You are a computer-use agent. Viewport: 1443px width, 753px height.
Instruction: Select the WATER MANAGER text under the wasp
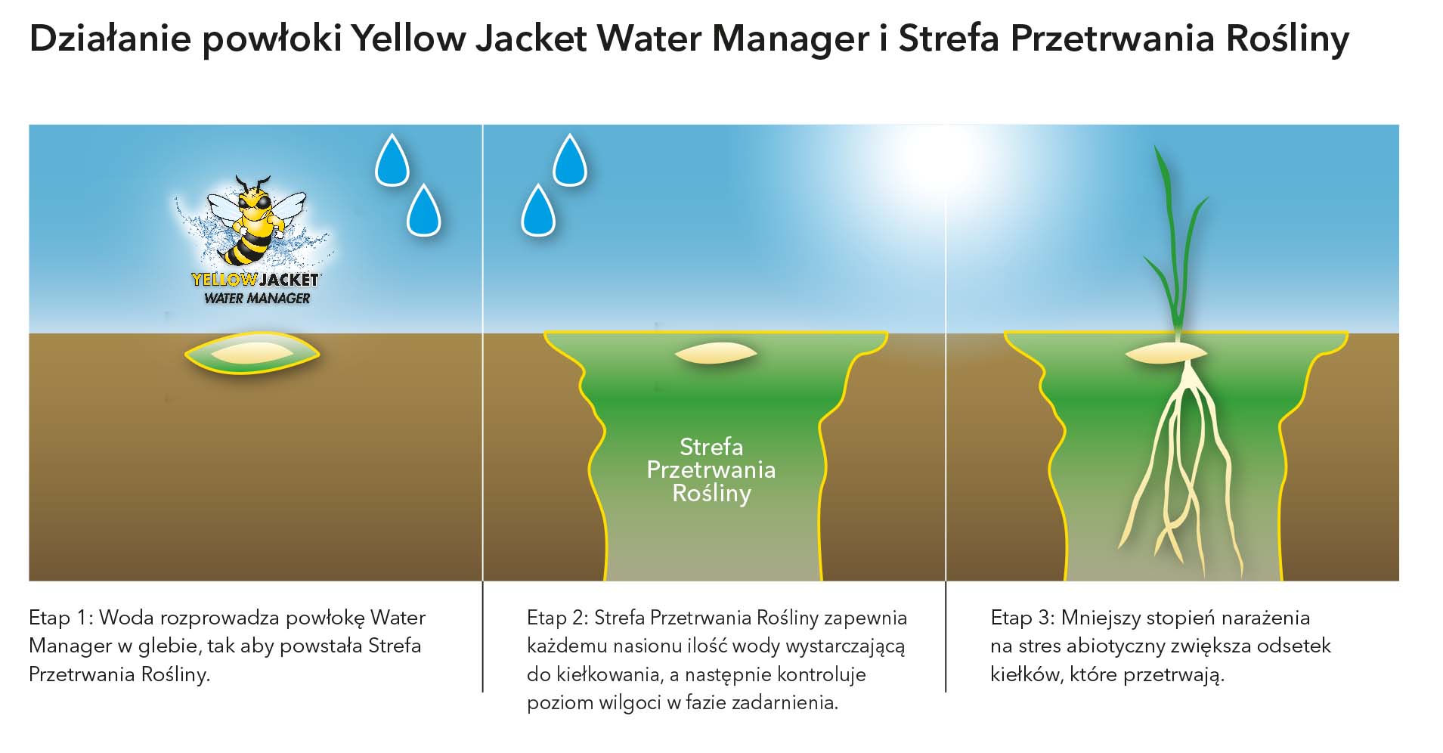click(257, 299)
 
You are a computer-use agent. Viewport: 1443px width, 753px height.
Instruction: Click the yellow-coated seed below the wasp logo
click(252, 353)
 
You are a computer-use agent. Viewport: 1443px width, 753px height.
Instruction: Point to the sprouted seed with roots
click(1166, 353)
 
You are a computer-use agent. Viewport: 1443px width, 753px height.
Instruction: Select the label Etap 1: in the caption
click(60, 618)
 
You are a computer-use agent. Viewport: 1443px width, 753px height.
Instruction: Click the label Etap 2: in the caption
click(558, 618)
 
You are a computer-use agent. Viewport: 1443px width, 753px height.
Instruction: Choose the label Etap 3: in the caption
click(1022, 618)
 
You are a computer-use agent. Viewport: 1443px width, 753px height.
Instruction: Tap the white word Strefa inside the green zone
click(711, 447)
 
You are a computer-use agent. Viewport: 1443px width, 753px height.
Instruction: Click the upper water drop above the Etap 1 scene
click(392, 161)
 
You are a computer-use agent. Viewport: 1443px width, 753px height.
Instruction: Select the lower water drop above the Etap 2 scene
click(538, 212)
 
